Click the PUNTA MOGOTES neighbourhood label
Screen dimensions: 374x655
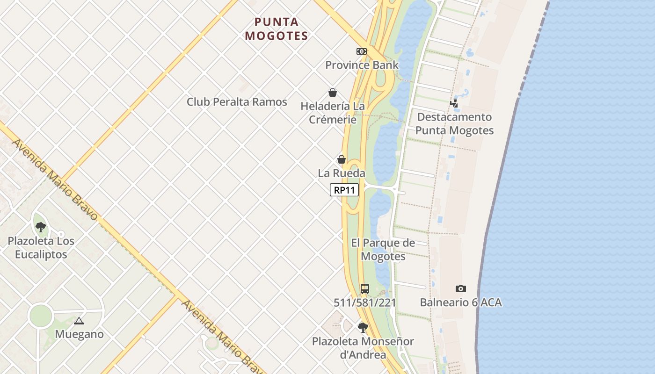coord(277,29)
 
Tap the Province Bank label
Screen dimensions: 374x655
coord(362,65)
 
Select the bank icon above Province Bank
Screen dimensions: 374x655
coord(361,51)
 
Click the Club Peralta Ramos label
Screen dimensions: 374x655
coord(237,101)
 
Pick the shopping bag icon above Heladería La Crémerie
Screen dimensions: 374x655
coord(332,93)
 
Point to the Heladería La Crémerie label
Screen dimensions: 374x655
coord(332,113)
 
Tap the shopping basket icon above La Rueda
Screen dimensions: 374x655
coord(342,159)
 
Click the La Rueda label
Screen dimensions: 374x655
coord(342,173)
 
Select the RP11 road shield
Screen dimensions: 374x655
coord(344,190)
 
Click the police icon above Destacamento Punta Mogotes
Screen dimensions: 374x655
coord(454,103)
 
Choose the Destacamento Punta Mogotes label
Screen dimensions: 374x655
coord(454,123)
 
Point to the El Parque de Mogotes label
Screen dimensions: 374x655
coord(383,249)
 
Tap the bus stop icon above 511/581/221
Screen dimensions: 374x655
coord(365,288)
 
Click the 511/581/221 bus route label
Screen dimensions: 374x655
coord(365,302)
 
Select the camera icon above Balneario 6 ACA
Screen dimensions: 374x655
coord(461,288)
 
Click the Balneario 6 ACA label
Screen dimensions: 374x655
coord(461,302)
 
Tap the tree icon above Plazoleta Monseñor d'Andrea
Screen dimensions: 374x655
coord(363,327)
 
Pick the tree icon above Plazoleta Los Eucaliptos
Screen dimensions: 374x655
coord(41,227)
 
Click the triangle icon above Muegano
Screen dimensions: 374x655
coord(79,321)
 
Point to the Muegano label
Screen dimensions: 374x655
coord(79,334)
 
